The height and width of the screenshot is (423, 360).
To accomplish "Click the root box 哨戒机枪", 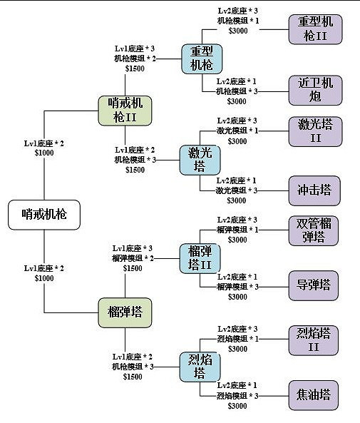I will (44, 214).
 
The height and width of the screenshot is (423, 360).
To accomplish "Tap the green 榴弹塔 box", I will (125, 312).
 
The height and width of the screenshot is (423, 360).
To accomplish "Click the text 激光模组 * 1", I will (237, 131).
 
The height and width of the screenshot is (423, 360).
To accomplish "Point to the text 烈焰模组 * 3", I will (237, 395).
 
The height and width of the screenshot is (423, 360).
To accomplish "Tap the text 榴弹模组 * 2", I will (132, 258).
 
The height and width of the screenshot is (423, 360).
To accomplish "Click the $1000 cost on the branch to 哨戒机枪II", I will (43, 153).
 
